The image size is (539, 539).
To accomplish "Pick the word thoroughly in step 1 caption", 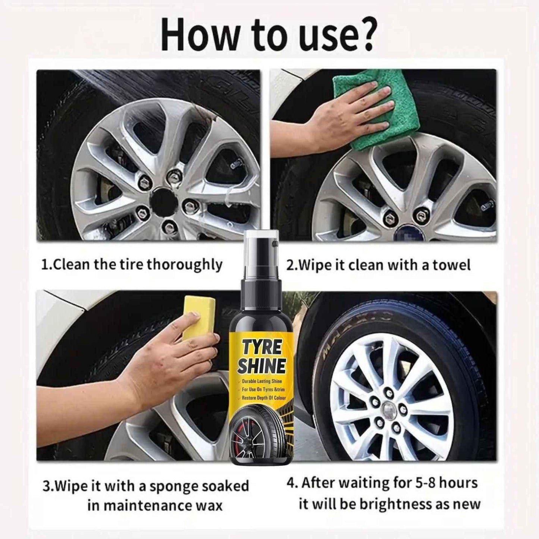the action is [x=185, y=264].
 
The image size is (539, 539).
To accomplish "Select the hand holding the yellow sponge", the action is [x=157, y=361].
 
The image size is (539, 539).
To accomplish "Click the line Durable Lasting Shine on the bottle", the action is [x=262, y=381].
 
